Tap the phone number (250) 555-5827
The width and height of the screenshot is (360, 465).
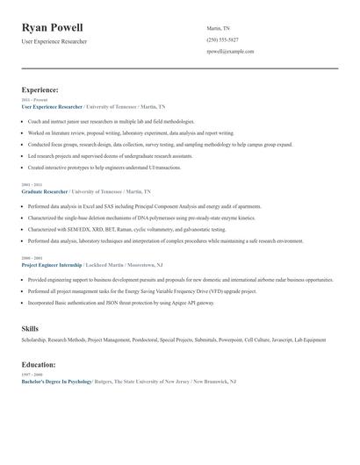[223, 40]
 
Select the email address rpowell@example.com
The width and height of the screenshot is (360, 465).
[230, 52]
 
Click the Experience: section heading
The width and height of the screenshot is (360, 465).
[40, 90]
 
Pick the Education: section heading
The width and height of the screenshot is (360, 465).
[39, 364]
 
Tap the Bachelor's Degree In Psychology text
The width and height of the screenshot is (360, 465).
[57, 382]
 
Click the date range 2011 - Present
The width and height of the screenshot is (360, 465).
[32, 100]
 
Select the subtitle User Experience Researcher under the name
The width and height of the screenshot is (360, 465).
[54, 42]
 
